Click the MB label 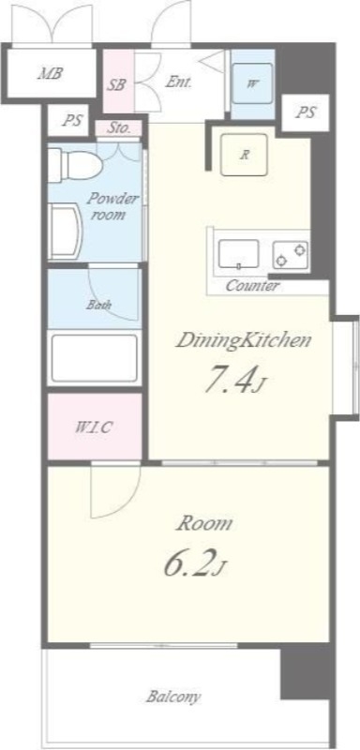tap(52, 74)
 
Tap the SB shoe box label tap(116, 85)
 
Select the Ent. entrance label tap(178, 82)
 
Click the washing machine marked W tap(252, 83)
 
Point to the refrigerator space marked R tap(245, 155)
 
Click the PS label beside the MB tap(73, 120)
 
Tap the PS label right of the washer tap(306, 112)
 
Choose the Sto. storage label tap(118, 128)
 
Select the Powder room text tap(112, 206)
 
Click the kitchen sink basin tap(238, 254)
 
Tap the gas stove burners tap(291, 254)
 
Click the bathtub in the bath tap(94, 358)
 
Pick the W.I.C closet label tap(94, 427)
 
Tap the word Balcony tap(173, 697)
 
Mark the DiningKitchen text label tap(244, 341)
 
